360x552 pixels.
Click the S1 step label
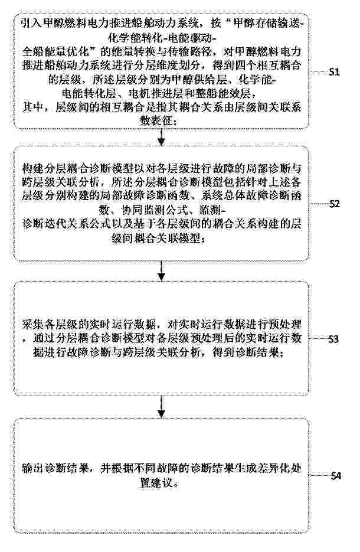point(334,72)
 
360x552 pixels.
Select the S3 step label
point(333,339)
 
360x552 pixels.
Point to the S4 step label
point(336,476)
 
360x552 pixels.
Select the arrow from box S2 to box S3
point(162,271)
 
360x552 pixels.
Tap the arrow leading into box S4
point(162,407)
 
